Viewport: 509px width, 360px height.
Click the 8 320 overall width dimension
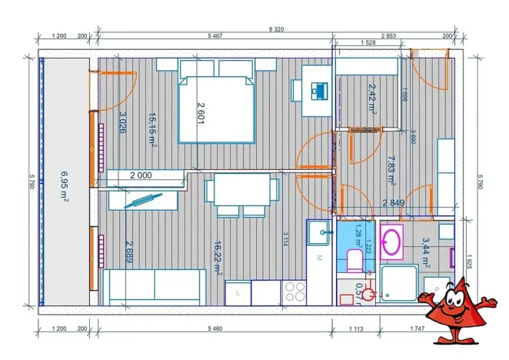pyautogui.click(x=275, y=28)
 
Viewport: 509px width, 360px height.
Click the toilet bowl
pyautogui.click(x=354, y=262)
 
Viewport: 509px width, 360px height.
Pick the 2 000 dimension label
pyautogui.click(x=140, y=175)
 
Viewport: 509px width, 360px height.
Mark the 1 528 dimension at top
pyautogui.click(x=368, y=43)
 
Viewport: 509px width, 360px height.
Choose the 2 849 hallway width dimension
pyautogui.click(x=394, y=203)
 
